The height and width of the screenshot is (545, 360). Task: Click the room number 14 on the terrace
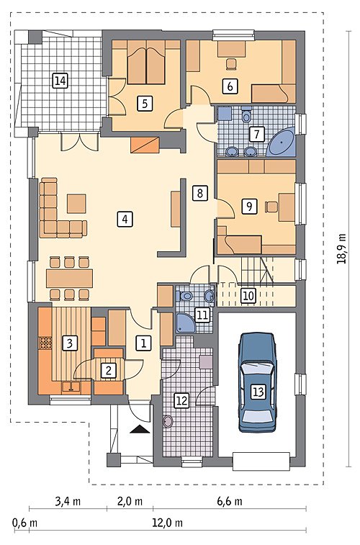coord(60,81)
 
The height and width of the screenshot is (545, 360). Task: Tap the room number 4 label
coord(125,219)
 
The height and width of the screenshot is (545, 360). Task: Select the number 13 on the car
coord(258,392)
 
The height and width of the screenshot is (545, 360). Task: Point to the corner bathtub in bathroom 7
coord(281,142)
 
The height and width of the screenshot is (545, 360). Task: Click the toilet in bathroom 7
coord(246,114)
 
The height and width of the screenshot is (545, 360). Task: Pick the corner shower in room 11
coord(184,323)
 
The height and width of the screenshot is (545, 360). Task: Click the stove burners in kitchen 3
coord(45,343)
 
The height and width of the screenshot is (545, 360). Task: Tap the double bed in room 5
coord(146,63)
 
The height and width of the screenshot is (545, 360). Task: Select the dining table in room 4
coord(70,278)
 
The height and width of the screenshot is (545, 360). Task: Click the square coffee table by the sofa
coord(76,204)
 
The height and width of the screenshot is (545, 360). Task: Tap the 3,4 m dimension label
coord(68,501)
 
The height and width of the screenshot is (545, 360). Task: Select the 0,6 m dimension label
coord(24,523)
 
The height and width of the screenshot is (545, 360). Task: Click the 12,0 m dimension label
coord(168,523)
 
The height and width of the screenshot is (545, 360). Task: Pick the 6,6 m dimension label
coord(230,501)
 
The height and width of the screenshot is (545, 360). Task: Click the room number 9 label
coord(249,206)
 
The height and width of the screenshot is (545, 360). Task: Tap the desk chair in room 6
coord(231,64)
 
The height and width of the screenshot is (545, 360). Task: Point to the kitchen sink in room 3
coord(71,387)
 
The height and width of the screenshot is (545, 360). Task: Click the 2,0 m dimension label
coord(130,501)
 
